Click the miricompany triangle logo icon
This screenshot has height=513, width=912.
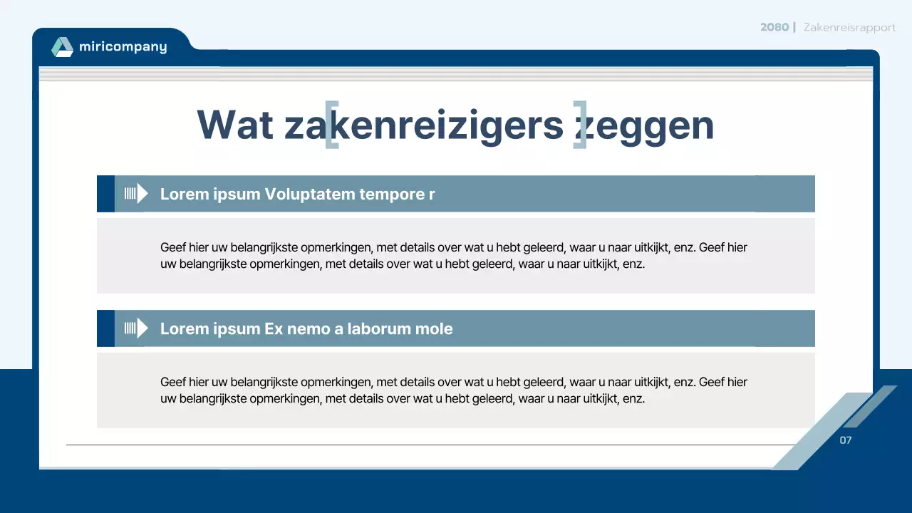tap(63, 47)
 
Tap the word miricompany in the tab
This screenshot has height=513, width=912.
tap(123, 48)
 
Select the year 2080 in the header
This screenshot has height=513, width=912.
tap(774, 27)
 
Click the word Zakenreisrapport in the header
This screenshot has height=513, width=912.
tap(849, 27)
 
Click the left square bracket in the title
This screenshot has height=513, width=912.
tap(331, 125)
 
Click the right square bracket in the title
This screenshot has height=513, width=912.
tap(580, 125)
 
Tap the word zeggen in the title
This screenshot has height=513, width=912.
tap(645, 126)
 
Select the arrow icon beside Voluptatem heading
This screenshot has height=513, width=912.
tap(136, 194)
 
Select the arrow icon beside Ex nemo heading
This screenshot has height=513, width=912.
tap(136, 328)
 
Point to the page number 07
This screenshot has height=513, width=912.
tap(846, 440)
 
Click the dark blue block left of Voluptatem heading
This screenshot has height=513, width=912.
tap(105, 194)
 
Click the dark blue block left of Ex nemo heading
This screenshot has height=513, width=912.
tap(105, 328)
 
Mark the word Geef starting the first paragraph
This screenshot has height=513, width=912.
tap(172, 248)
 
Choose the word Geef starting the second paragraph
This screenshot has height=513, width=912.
tap(172, 383)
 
